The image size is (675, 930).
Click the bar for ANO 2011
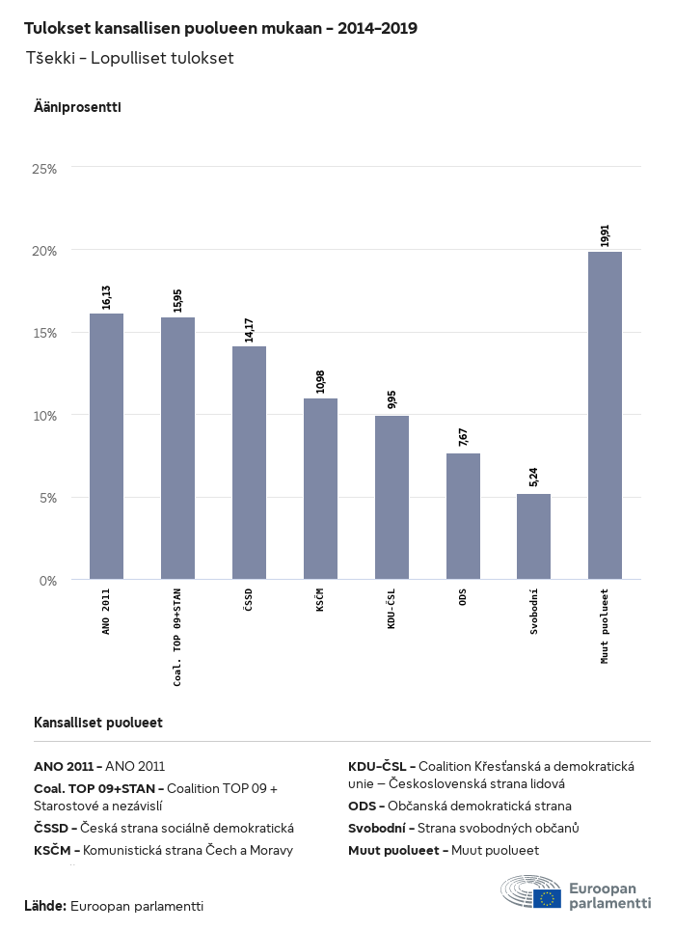(x=106, y=446)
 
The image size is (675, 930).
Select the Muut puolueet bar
(x=605, y=415)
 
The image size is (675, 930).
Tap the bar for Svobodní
(x=533, y=536)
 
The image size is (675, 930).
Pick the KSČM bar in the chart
(x=320, y=488)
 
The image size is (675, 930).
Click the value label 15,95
(x=177, y=300)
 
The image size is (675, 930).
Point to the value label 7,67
(x=463, y=436)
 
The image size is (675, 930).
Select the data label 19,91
(x=605, y=235)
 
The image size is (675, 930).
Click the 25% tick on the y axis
(x=45, y=169)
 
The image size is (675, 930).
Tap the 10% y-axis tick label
(x=45, y=416)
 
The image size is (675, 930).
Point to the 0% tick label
(x=48, y=581)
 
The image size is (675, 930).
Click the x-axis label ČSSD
(x=249, y=611)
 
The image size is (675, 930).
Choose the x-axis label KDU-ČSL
(x=391, y=615)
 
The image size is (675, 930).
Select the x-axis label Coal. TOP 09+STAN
(x=177, y=637)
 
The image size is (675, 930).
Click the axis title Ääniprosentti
(x=77, y=107)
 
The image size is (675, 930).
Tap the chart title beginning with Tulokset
(x=221, y=28)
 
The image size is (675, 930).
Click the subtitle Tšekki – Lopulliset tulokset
(x=129, y=59)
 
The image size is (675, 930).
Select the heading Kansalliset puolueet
(x=98, y=723)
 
